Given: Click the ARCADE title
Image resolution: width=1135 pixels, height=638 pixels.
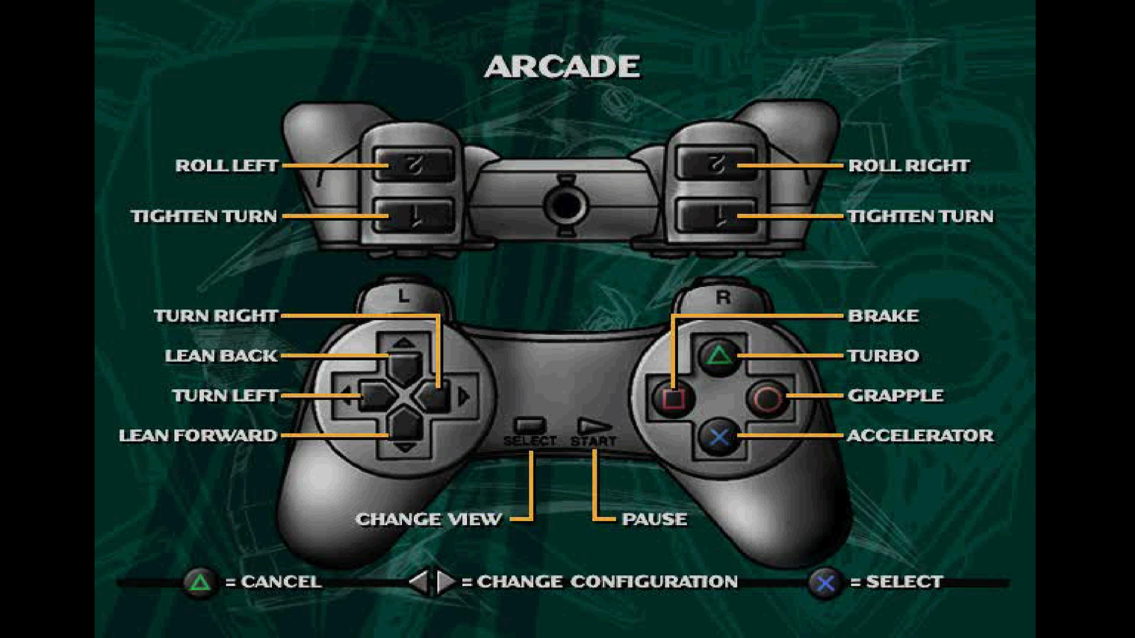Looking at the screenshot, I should [x=562, y=67].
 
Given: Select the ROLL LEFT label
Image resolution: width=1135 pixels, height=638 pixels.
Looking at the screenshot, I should [x=226, y=166].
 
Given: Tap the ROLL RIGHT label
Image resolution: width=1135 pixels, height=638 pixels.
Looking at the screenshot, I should [x=909, y=166].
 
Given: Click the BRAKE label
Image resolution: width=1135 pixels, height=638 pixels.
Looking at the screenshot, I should [x=883, y=316].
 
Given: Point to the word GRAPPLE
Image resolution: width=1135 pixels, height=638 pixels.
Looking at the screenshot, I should [x=895, y=396].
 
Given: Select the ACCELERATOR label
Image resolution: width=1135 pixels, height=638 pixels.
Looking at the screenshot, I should [x=920, y=435].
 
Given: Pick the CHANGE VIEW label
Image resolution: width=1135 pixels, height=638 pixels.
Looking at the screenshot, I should [x=428, y=519].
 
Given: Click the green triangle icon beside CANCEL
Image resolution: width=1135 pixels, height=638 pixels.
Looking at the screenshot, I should [x=200, y=582].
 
